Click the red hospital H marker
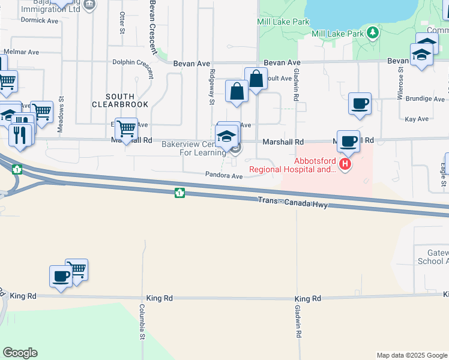tap(345, 163)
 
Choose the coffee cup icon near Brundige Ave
tap(360, 104)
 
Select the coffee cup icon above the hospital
tap(348, 142)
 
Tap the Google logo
tap(20, 353)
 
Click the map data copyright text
tap(411, 355)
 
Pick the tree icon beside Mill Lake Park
tap(374, 32)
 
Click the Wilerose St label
tap(400, 85)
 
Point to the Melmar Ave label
tap(22, 53)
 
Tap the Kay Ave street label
tap(416, 119)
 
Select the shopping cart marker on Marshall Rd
tap(126, 128)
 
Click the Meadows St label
tap(60, 115)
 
